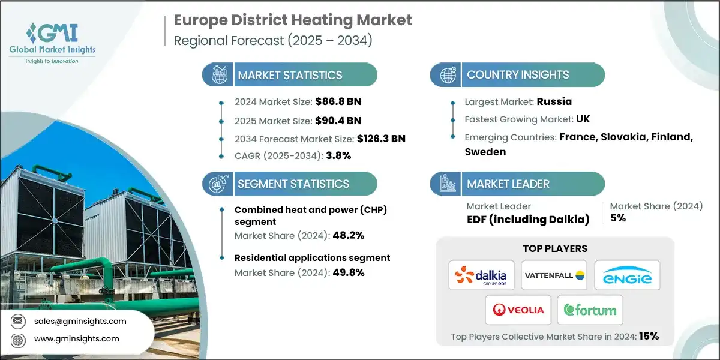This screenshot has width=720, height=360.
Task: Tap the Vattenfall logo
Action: point(554,275)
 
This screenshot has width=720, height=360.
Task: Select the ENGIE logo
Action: point(627,275)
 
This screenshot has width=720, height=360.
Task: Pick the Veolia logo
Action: point(518,310)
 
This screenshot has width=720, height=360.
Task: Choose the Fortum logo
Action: point(590,310)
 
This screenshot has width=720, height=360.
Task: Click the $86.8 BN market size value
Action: point(338,101)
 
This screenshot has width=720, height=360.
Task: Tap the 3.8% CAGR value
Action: point(338,155)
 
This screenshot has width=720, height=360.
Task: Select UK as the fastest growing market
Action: point(583,119)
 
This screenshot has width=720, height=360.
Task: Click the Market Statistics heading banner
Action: point(290,75)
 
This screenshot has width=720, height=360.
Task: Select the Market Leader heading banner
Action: point(508,184)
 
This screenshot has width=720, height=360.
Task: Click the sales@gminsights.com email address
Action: point(80,321)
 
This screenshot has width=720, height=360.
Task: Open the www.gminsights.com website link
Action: point(77,339)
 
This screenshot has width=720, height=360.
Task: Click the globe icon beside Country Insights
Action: point(447,75)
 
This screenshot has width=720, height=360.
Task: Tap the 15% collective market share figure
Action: point(649,337)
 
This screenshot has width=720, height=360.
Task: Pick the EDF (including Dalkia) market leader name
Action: point(528,220)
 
